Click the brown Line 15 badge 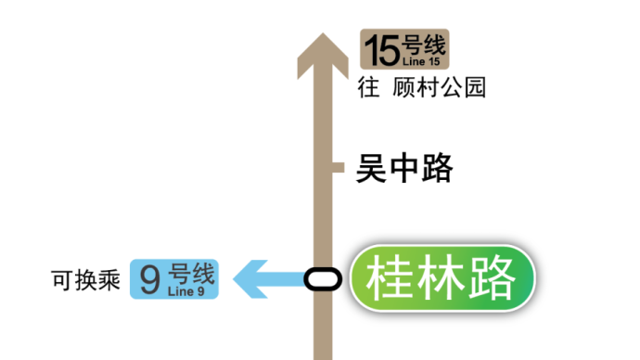pyautogui.click(x=404, y=49)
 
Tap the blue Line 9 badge pyautogui.click(x=174, y=279)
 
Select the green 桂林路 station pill pyautogui.click(x=442, y=278)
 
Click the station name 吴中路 pyautogui.click(x=404, y=168)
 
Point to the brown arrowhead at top pyautogui.click(x=323, y=55)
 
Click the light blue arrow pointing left pyautogui.click(x=269, y=279)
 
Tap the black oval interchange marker pyautogui.click(x=323, y=279)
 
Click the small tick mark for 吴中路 pyautogui.click(x=339, y=167)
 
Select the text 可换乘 pyautogui.click(x=85, y=280)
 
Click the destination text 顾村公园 pyautogui.click(x=439, y=87)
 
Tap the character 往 pyautogui.click(x=368, y=87)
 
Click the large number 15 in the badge pyautogui.click(x=382, y=50)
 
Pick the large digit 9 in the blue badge pyautogui.click(x=150, y=279)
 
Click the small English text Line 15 pyautogui.click(x=421, y=61)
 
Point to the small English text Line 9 pyautogui.click(x=186, y=291)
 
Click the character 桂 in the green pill pyautogui.click(x=390, y=277)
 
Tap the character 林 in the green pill pyautogui.click(x=441, y=277)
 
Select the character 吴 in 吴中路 pyautogui.click(x=371, y=168)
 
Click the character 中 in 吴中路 pyautogui.click(x=404, y=168)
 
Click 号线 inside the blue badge pyautogui.click(x=191, y=273)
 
